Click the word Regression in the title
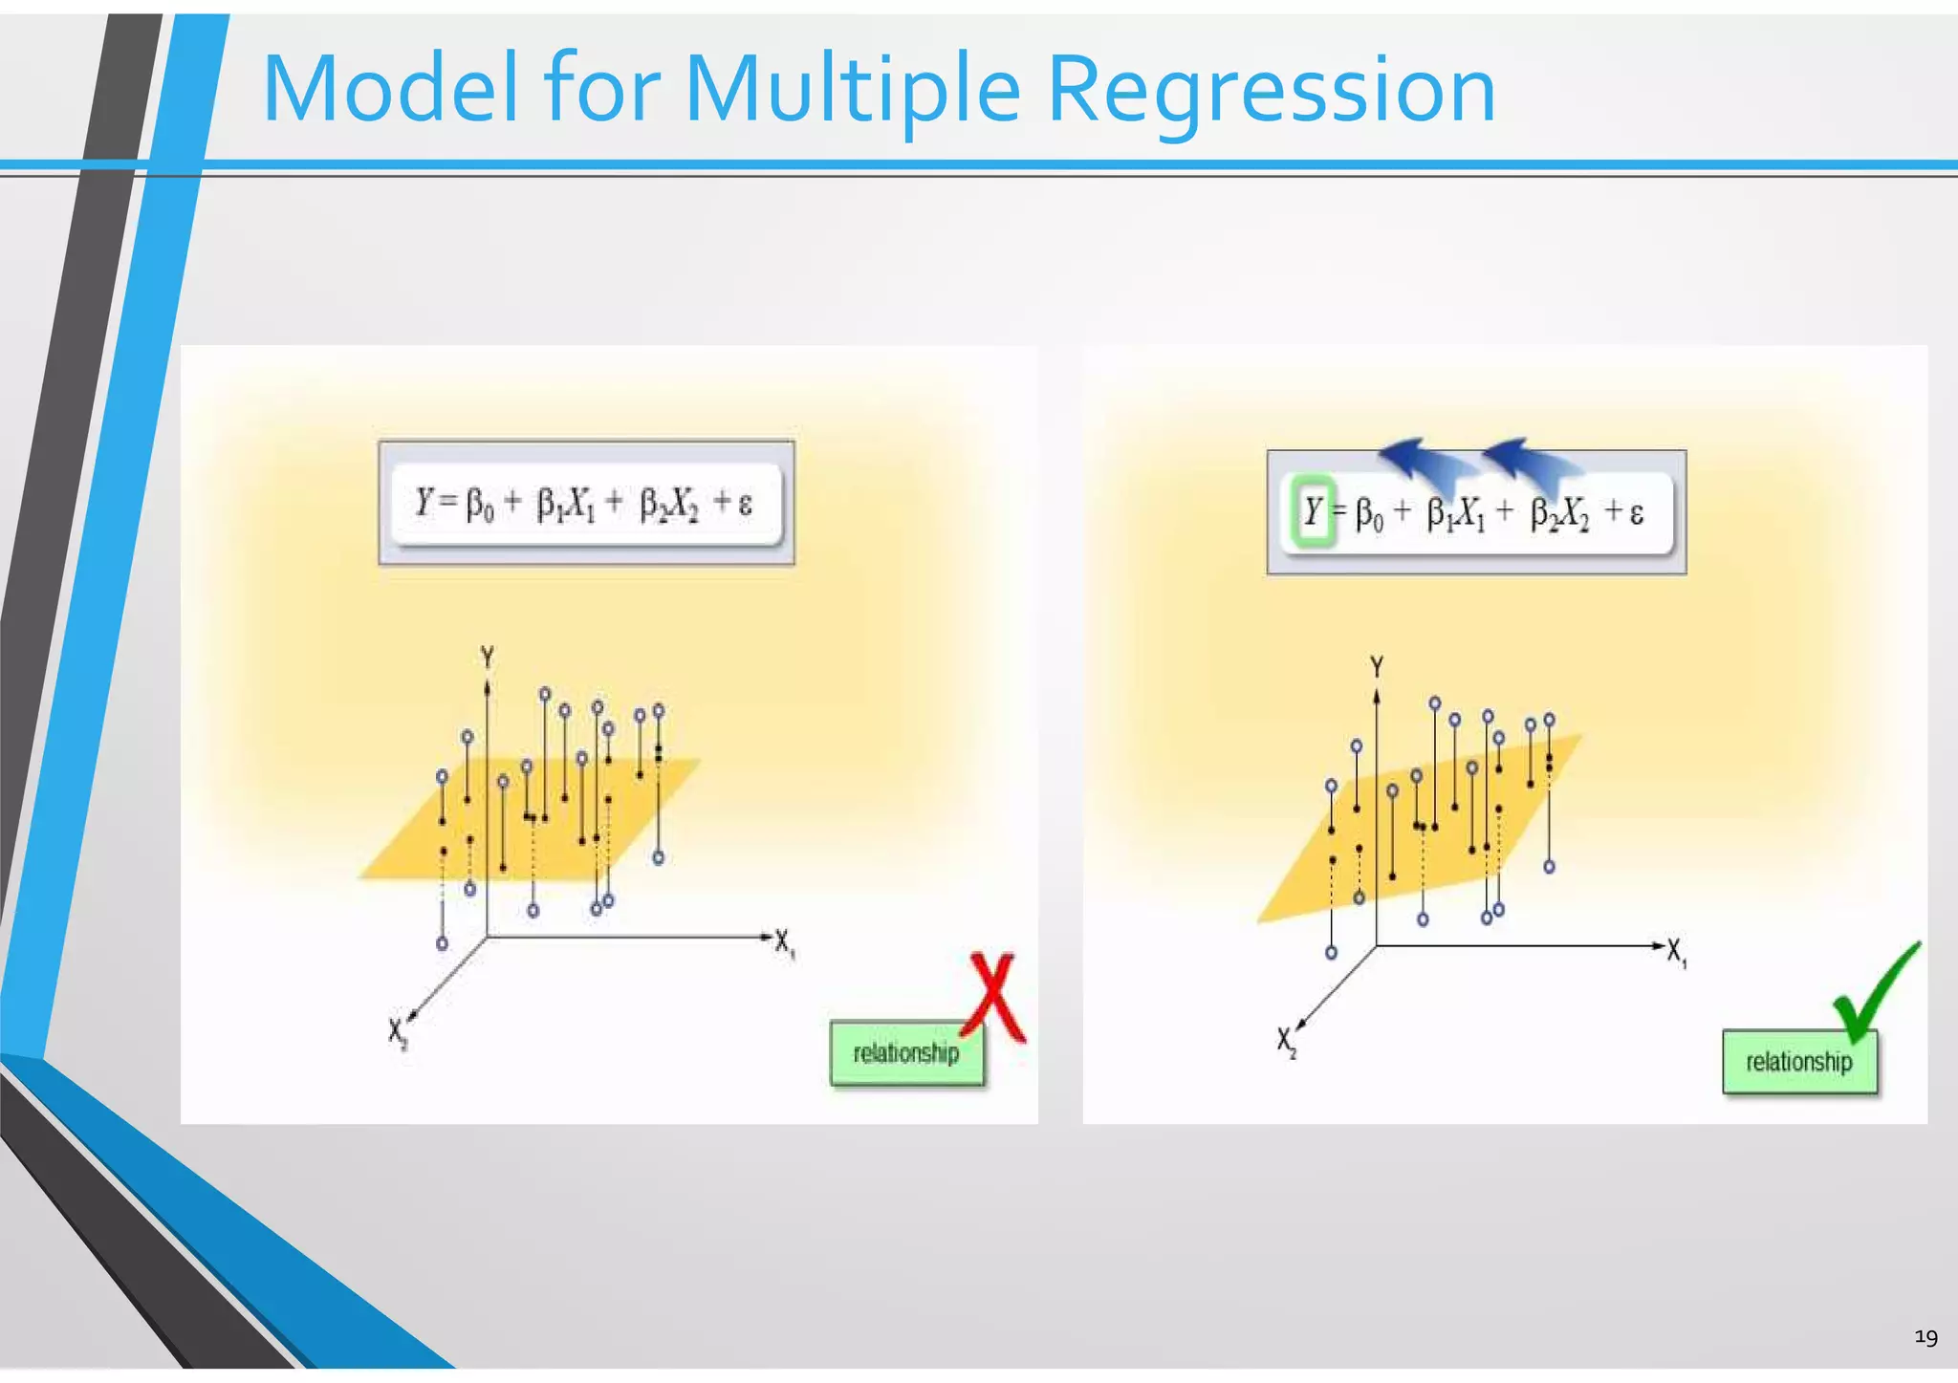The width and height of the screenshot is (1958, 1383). click(1272, 89)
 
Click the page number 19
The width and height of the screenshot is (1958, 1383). click(1925, 1337)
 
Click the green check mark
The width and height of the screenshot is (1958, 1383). click(1874, 994)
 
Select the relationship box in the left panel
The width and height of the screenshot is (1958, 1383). click(906, 1053)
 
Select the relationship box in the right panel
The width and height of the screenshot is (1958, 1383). click(1799, 1062)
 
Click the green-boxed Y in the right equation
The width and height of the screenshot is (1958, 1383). click(1313, 512)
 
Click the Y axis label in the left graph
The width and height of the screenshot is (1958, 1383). click(488, 658)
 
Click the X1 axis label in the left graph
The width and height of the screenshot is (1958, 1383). click(784, 942)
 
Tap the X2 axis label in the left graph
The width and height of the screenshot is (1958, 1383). click(398, 1032)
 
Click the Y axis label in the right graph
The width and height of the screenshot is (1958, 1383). click(1377, 666)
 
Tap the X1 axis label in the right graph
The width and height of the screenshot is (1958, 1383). click(1677, 952)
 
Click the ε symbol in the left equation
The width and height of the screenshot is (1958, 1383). click(746, 503)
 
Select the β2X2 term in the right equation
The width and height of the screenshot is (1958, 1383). click(1559, 514)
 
